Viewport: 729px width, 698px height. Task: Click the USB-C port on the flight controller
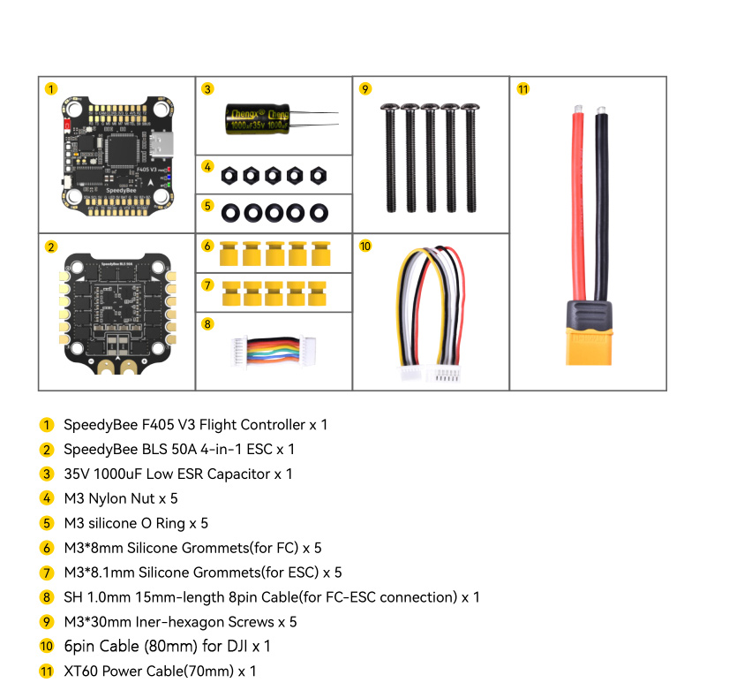(162, 144)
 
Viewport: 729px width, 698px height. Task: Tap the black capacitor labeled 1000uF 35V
(257, 119)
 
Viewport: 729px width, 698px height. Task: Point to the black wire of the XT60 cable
(601, 204)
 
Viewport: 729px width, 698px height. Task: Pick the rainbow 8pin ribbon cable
(274, 350)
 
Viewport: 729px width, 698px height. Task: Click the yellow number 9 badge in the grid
(365, 89)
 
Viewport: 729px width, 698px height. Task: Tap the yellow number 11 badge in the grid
(523, 89)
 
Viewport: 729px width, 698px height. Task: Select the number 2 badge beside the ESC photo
(50, 247)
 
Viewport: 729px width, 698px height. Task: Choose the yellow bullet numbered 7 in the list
(47, 573)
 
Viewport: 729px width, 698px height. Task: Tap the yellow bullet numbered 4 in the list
(47, 498)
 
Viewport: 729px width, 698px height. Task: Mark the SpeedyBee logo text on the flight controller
(121, 190)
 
